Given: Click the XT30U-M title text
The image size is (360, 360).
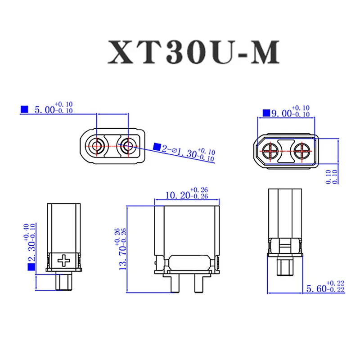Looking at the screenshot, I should point(193,53).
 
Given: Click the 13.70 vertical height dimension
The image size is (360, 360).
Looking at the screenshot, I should point(123,248).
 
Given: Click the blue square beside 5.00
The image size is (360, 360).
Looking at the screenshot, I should point(24,109).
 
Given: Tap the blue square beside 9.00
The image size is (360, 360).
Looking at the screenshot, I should point(266,113).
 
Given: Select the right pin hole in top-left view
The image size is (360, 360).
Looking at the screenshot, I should point(128,145).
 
